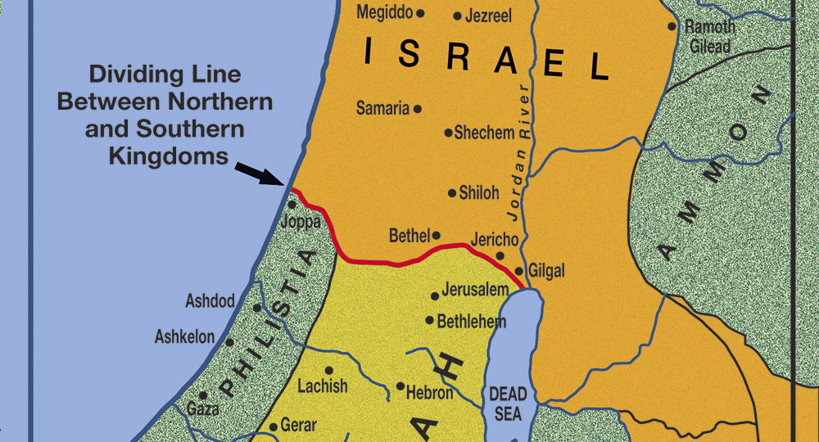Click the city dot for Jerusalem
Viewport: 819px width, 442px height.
coord(435,296)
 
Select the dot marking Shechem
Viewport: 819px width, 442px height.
coord(448,133)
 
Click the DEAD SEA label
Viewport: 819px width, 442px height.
coord(508,404)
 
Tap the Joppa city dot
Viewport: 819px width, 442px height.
coord(292,205)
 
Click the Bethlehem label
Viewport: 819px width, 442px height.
coord(471,322)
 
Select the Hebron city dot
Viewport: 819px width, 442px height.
coord(400,386)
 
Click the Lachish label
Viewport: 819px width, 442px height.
coord(322,386)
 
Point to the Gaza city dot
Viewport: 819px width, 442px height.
coord(203,395)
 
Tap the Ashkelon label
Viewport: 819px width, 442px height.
coord(184,337)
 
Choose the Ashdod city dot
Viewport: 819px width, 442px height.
coord(256,309)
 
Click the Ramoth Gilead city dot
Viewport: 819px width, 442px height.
coord(672,26)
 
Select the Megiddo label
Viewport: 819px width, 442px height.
coord(385,13)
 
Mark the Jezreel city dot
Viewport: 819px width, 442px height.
coord(457,16)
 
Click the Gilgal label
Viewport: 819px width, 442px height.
coord(547,271)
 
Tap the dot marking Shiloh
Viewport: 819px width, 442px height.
coord(452,193)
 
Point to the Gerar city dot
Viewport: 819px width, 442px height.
coord(274,427)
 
